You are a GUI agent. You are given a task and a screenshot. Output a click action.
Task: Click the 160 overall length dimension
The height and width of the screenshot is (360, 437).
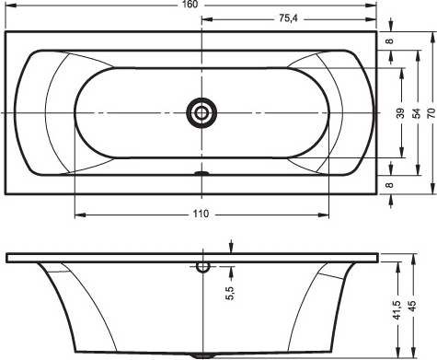(x=190, y=5)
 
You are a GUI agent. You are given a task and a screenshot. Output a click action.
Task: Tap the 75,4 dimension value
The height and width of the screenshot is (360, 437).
(x=288, y=18)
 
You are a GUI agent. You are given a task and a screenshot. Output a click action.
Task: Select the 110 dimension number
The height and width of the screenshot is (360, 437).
(x=201, y=214)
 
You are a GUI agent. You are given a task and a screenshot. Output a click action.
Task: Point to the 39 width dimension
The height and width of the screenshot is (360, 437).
(x=400, y=113)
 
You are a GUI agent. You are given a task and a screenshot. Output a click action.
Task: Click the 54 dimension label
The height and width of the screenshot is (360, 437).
(x=416, y=113)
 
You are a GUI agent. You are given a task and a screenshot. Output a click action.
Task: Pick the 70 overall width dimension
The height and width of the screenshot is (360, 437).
(x=431, y=113)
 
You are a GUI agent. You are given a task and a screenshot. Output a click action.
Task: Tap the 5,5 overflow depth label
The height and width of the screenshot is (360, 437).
(x=230, y=293)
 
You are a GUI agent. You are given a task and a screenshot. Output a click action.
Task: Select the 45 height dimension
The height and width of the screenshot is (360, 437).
(x=412, y=306)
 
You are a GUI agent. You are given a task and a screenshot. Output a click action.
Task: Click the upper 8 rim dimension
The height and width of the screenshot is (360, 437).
(x=389, y=41)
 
